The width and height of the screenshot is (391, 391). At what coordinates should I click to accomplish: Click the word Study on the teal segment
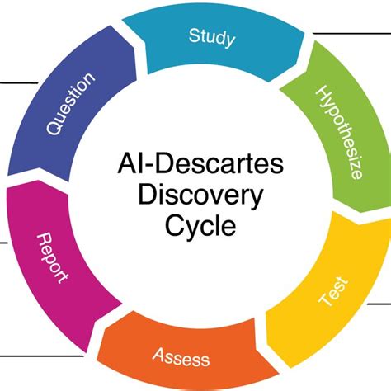(212, 37)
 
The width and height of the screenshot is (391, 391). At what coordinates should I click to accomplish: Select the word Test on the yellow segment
(333, 293)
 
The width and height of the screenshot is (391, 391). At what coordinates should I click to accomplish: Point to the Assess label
(181, 357)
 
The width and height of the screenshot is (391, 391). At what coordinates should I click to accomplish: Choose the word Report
(52, 258)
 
